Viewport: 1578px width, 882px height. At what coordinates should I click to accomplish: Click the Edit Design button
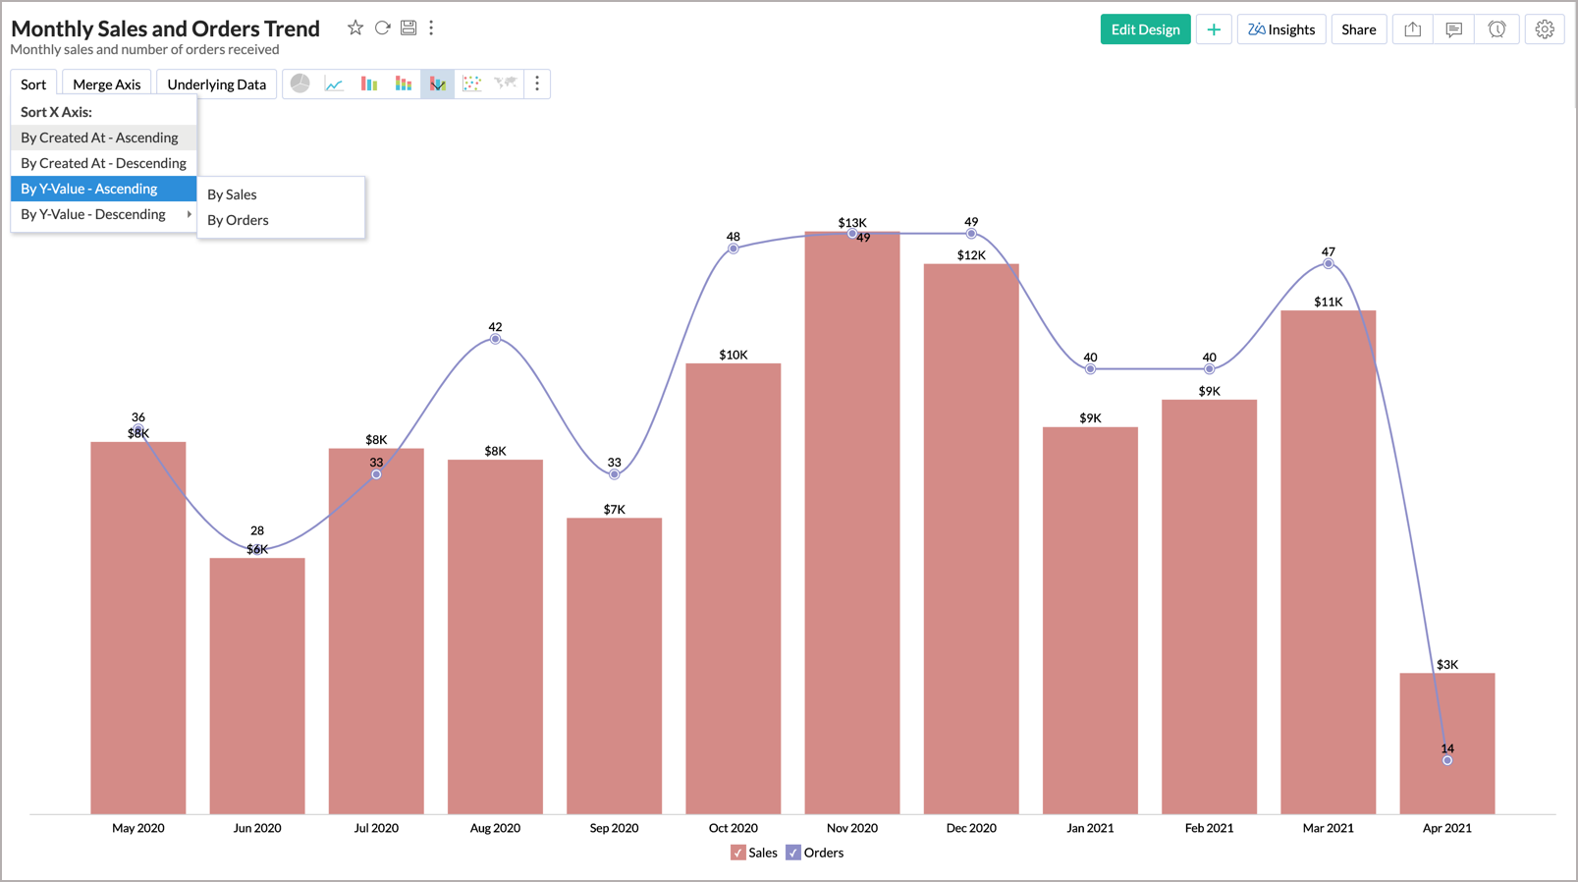[1145, 29]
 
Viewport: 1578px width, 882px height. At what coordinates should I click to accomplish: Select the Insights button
[1281, 29]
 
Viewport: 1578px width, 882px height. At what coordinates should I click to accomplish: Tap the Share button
[1358, 29]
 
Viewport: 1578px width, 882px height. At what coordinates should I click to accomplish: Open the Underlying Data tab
[216, 84]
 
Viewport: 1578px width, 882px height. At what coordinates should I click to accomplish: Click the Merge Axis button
[106, 84]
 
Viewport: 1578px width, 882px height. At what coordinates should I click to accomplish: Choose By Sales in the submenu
[233, 194]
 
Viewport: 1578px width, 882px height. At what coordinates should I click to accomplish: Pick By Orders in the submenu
[238, 220]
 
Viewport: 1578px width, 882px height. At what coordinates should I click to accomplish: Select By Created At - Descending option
[103, 163]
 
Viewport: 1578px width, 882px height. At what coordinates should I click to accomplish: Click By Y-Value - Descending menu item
[93, 214]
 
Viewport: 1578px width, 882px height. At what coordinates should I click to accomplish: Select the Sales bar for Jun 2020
[257, 688]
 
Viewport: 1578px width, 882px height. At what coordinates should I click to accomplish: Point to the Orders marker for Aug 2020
[495, 339]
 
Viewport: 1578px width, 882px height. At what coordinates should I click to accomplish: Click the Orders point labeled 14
[1447, 760]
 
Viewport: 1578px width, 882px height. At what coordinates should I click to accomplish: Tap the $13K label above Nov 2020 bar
[852, 223]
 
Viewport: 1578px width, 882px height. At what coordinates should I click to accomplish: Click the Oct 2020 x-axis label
[733, 828]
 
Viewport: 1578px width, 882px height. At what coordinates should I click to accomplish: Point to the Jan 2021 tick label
[1090, 828]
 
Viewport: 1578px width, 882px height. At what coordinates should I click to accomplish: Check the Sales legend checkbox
[738, 853]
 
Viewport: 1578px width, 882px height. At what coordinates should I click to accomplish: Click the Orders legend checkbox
[793, 853]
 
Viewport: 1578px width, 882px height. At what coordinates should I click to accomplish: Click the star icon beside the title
[355, 28]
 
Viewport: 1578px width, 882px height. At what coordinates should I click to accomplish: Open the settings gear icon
[1545, 29]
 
